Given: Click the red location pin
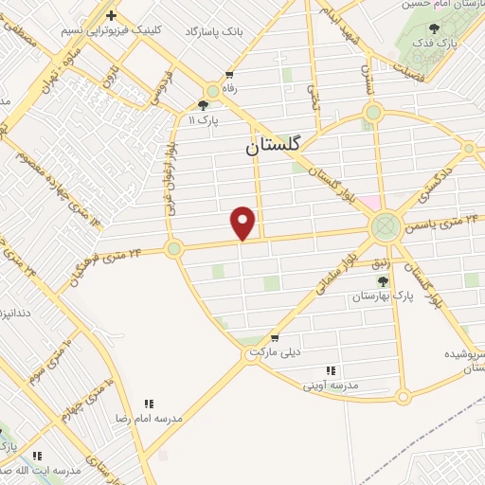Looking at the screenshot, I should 243,222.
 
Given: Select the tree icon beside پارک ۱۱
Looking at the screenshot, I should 204,105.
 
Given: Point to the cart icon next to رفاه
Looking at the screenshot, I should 229,75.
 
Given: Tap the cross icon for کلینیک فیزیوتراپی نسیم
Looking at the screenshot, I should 112,15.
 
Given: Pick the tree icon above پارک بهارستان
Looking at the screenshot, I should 383,280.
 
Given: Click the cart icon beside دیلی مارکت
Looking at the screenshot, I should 274,337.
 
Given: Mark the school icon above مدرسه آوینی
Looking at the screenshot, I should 331,370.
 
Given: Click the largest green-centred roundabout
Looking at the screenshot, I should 385,226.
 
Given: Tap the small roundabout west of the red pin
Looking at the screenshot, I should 173,249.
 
